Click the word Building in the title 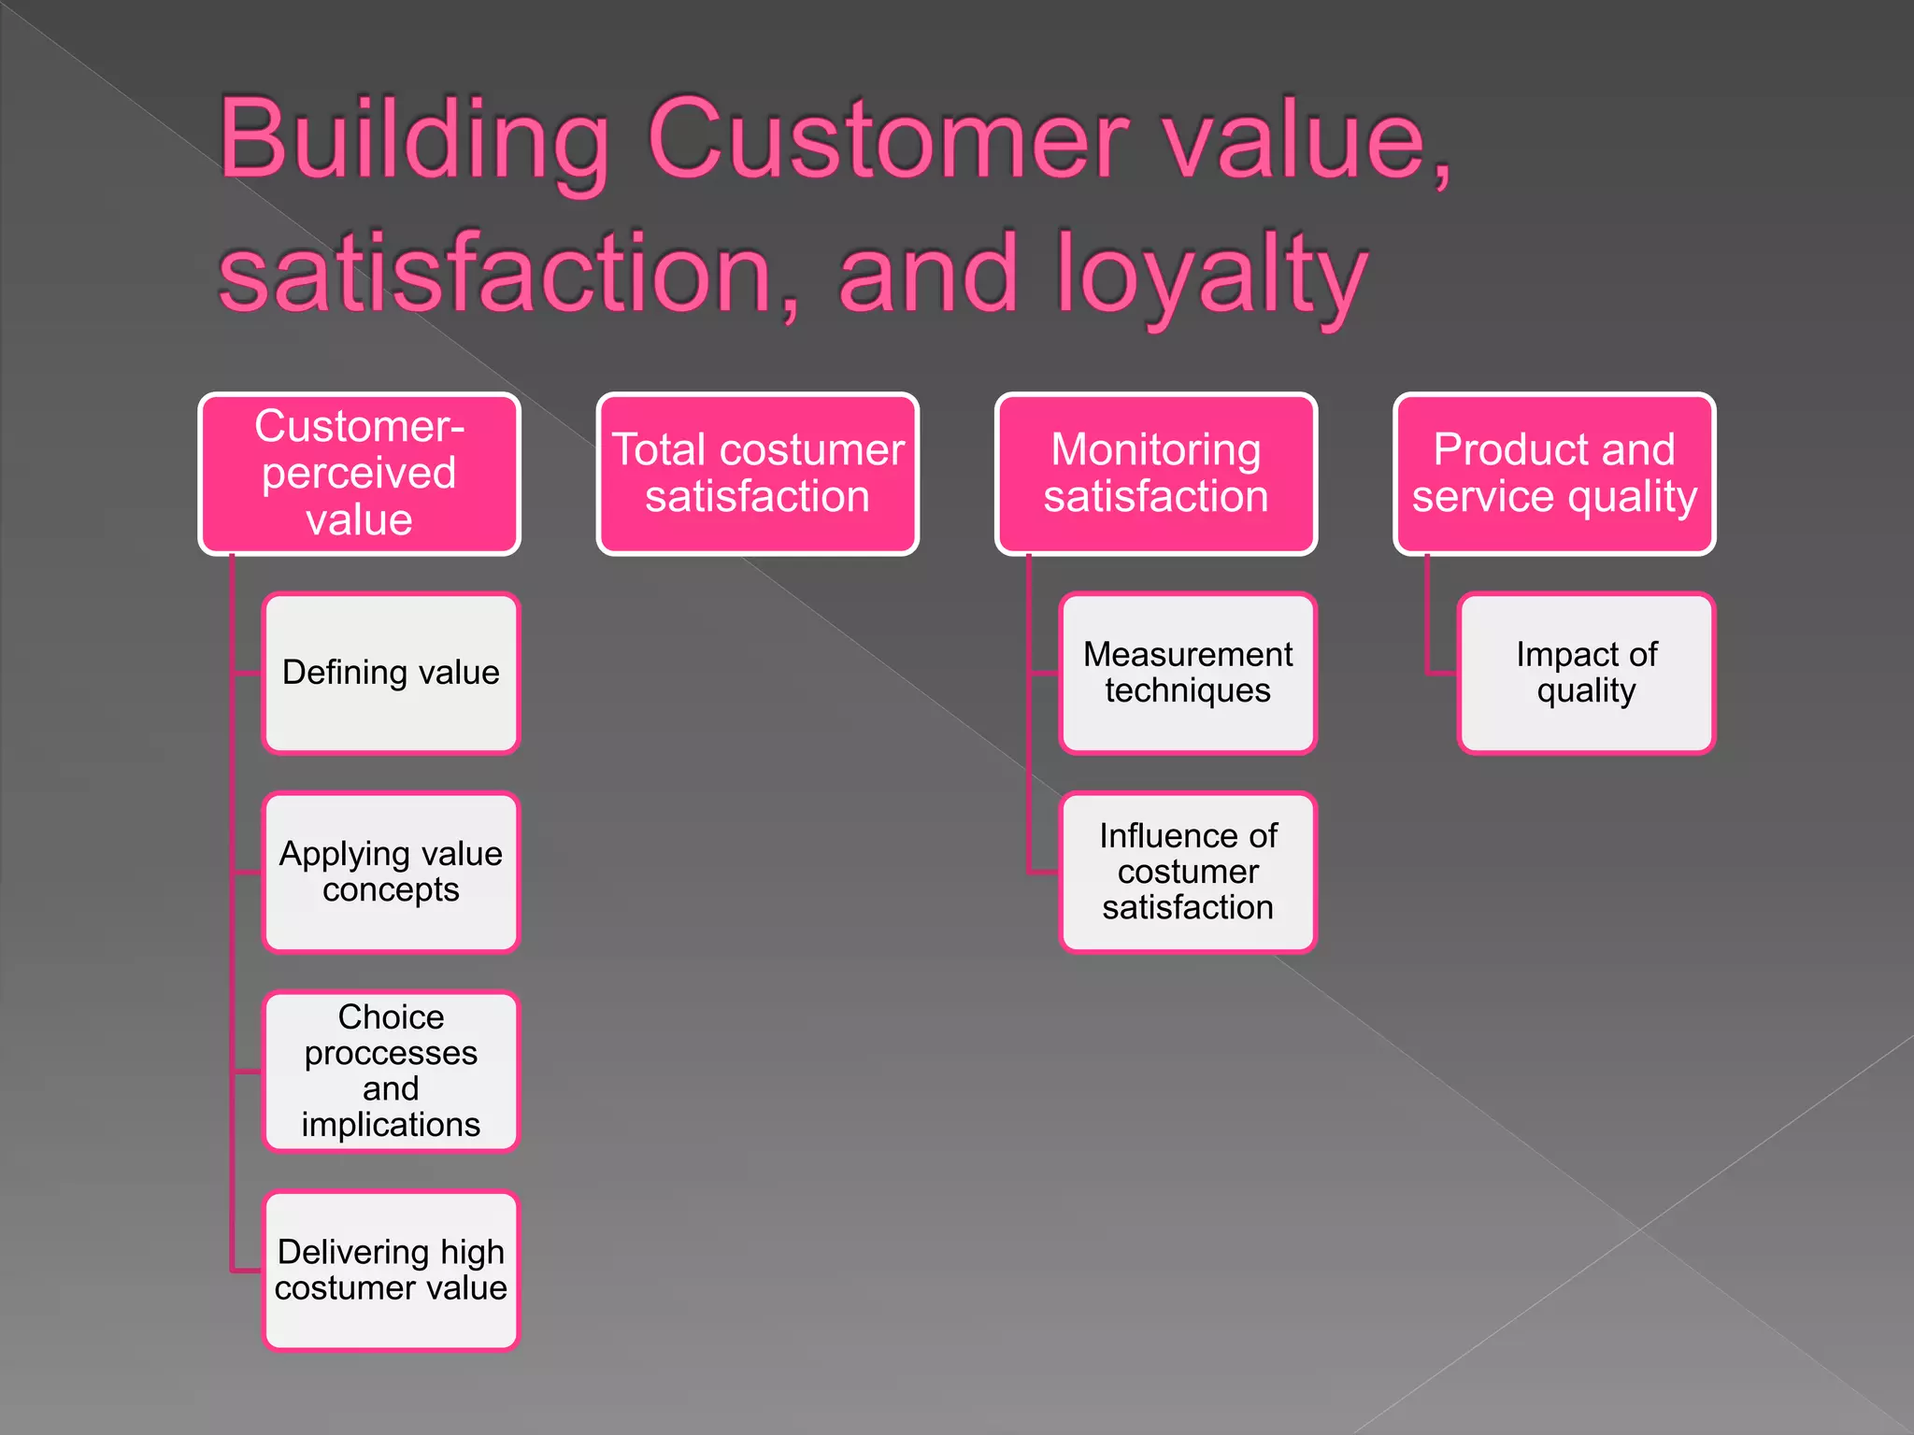point(414,140)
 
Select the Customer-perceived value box point(359,474)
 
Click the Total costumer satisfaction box point(757,474)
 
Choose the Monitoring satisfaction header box point(1156,474)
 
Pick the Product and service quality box point(1554,474)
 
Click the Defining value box point(391,673)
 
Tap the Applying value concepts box point(391,872)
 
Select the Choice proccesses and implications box point(391,1071)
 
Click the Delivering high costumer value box point(391,1270)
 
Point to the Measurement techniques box point(1188,673)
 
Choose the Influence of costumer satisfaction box point(1188,872)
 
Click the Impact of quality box point(1586,673)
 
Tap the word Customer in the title point(889,140)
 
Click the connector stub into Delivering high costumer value point(247,1271)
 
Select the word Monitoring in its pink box point(1156,449)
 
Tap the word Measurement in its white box point(1188,654)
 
